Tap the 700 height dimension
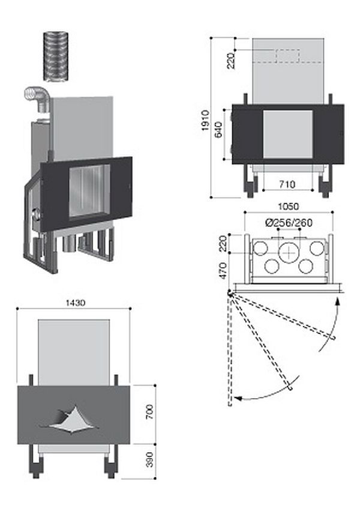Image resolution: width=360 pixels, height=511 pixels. tap(150, 411)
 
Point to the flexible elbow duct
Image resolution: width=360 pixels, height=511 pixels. tap(37, 99)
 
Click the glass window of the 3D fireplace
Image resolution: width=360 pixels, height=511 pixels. tap(88, 192)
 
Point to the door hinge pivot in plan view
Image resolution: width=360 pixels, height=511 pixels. tap(230, 294)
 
